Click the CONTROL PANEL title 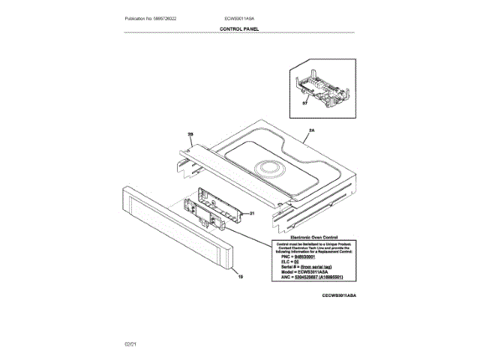pos(239,28)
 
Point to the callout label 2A pos(310,130)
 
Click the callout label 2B pos(190,135)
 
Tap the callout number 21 pos(252,213)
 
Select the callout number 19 pos(241,277)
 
